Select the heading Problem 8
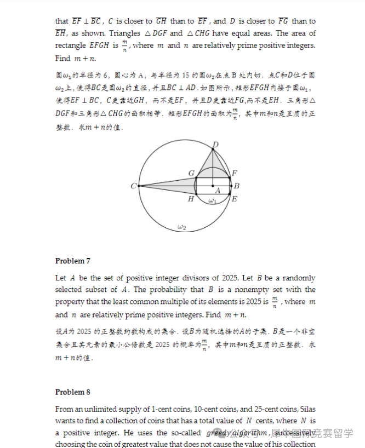point(73,392)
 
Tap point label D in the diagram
point(215,144)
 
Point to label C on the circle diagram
point(134,186)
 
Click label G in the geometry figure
point(191,173)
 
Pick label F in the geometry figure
point(235,173)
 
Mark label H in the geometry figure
point(191,199)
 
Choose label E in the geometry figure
point(235,199)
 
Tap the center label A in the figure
point(218,191)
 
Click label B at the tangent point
point(237,186)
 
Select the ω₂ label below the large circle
point(182,227)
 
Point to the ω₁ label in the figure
point(213,201)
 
